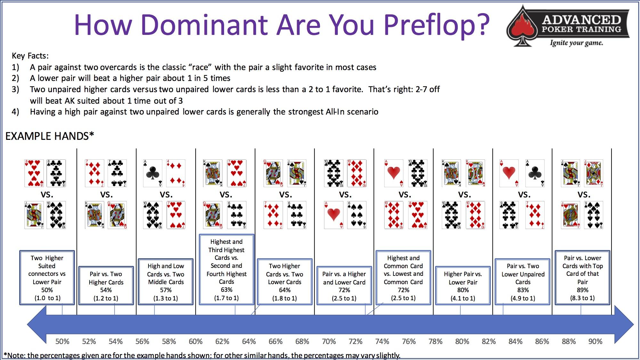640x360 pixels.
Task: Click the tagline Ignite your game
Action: point(576,43)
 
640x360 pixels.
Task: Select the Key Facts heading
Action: point(30,56)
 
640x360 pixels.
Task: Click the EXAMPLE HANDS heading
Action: point(50,136)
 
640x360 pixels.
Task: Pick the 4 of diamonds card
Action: point(176,173)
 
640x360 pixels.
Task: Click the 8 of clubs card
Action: point(56,173)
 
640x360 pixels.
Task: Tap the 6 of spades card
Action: point(357,215)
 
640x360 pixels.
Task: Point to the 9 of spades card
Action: point(594,215)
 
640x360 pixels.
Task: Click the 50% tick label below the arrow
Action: point(62,341)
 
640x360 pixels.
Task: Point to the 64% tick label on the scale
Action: point(249,341)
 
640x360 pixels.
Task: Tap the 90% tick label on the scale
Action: point(595,341)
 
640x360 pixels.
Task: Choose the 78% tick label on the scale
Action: point(435,341)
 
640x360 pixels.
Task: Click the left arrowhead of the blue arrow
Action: point(36,324)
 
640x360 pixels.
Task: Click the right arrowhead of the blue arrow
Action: point(624,324)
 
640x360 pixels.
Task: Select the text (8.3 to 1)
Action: point(582,298)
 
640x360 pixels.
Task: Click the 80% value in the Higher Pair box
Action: point(463,290)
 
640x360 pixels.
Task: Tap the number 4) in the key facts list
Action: point(15,112)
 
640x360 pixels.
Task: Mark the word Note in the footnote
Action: point(16,355)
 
